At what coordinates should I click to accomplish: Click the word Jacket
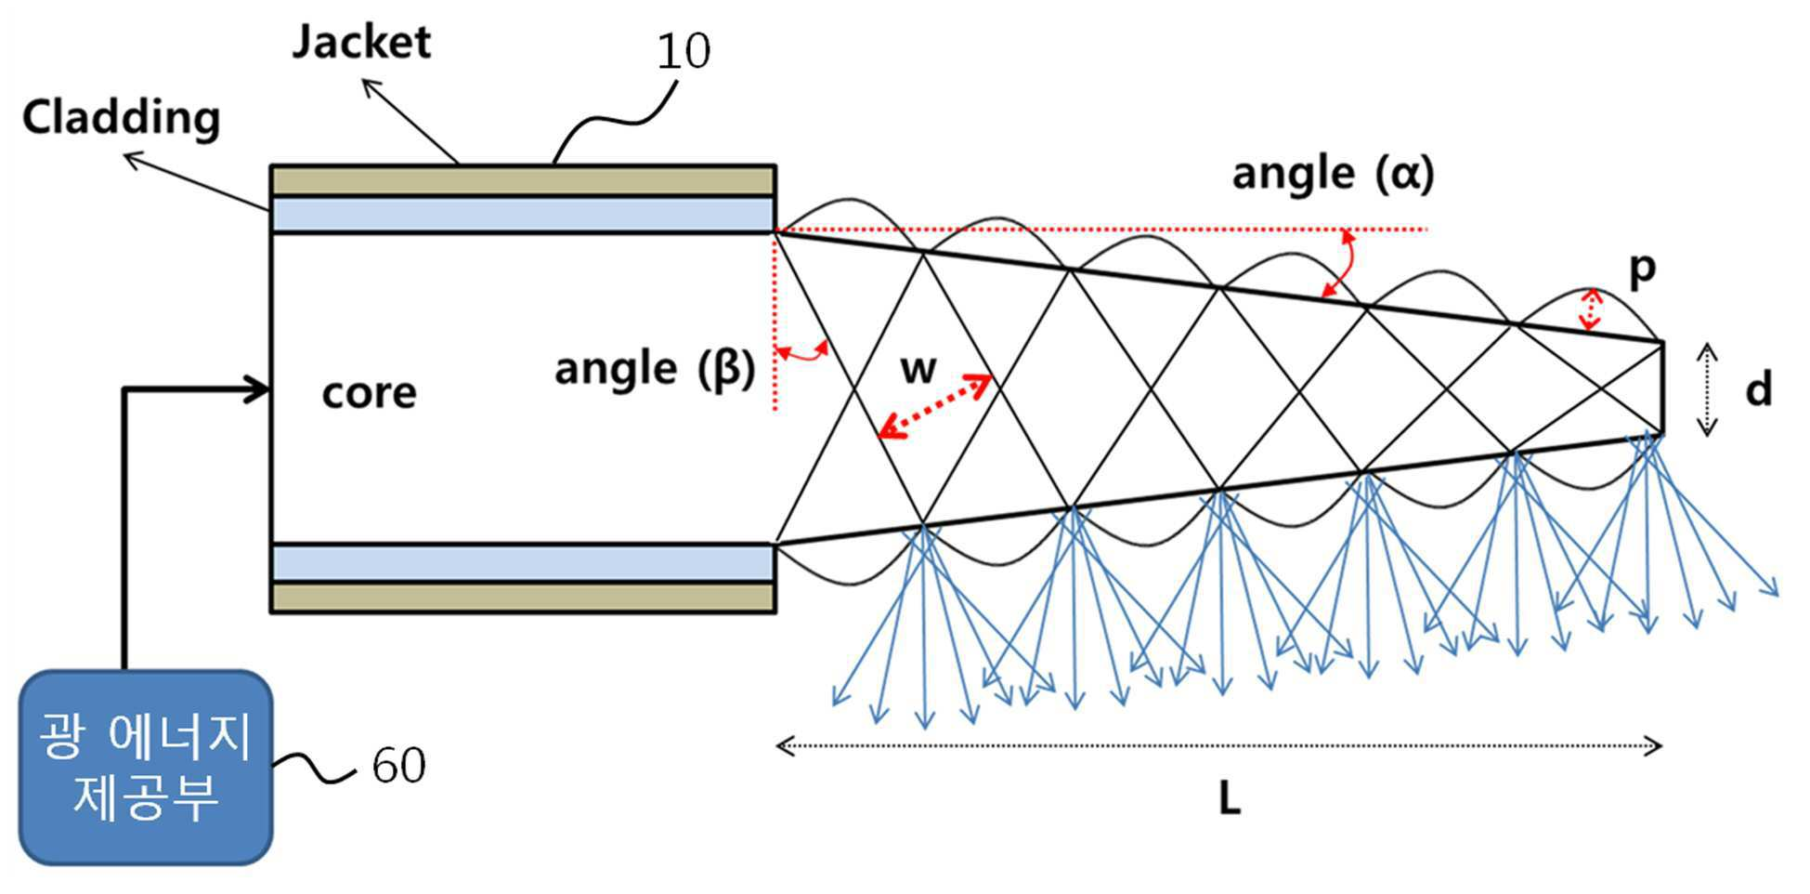click(x=361, y=43)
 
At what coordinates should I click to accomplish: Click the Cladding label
click(x=122, y=118)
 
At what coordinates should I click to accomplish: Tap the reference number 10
click(x=684, y=51)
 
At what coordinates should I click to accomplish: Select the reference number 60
click(x=398, y=766)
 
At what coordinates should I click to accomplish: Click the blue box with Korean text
click(x=146, y=768)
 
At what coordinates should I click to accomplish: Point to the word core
click(x=369, y=393)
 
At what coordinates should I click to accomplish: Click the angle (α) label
click(x=1333, y=174)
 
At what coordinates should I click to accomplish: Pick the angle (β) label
click(x=655, y=369)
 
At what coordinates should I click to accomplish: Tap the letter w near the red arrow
click(x=918, y=369)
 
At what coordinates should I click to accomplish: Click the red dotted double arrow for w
click(x=936, y=405)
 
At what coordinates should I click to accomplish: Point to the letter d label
click(x=1758, y=388)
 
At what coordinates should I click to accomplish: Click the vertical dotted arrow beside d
click(x=1707, y=389)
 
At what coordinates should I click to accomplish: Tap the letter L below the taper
click(x=1229, y=797)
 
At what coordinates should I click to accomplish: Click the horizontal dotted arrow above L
click(x=1218, y=745)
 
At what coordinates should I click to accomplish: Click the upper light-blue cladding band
click(x=523, y=215)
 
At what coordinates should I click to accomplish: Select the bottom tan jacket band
click(x=523, y=598)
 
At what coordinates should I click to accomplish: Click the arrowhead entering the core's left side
click(x=257, y=390)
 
